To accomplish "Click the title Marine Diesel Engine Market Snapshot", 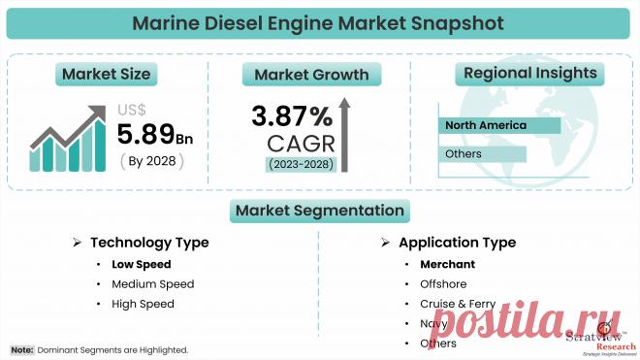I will [320, 21].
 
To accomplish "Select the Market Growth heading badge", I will [311, 74].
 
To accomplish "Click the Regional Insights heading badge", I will [528, 74].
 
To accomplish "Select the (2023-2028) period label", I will [301, 164].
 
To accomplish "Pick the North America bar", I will [499, 125].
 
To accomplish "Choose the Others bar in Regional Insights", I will [482, 154].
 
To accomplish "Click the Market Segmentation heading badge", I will [318, 210].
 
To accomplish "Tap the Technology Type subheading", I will [149, 243].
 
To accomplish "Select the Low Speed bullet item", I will [141, 264].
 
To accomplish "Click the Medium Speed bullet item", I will [152, 283].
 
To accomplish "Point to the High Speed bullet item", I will [143, 304].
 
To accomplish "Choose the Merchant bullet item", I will [446, 264].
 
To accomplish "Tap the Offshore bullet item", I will [443, 283].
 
